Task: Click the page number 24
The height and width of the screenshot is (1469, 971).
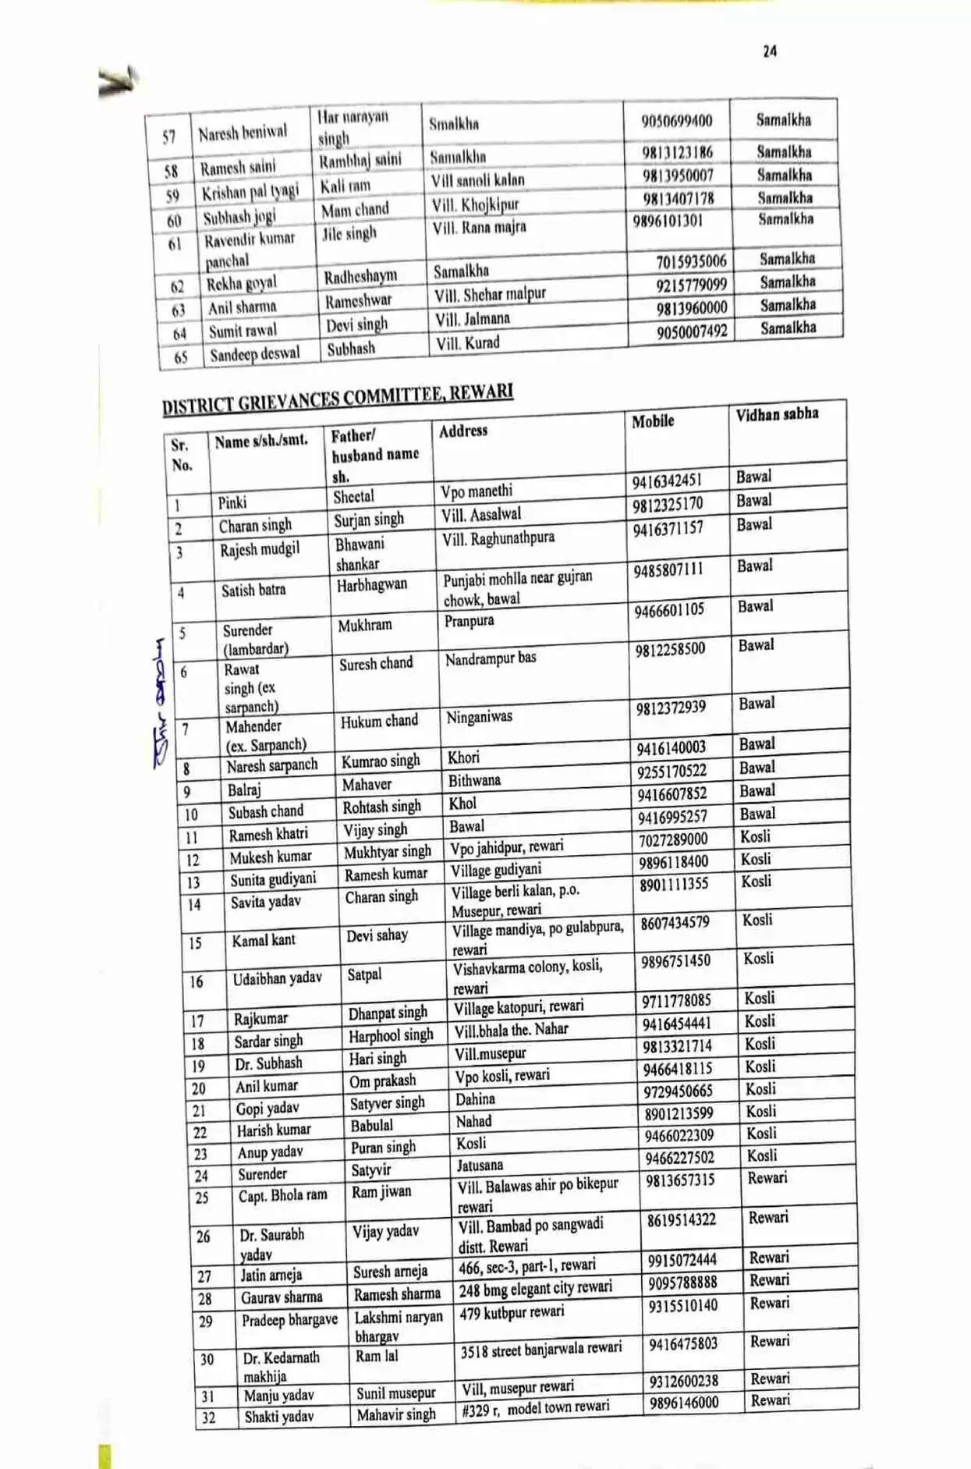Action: pos(770,51)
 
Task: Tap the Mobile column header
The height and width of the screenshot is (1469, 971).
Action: pos(653,421)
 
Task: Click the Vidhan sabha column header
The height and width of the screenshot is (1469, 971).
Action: pos(777,414)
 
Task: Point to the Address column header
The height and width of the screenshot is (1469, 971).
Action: pos(462,431)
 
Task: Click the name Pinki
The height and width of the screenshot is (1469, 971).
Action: pos(232,502)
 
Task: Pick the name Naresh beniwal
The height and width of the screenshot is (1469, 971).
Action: pos(243,133)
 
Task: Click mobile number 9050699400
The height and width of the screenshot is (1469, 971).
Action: pos(676,121)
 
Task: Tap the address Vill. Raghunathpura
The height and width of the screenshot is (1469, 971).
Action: pos(498,538)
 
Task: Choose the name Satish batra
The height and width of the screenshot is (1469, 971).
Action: pos(253,590)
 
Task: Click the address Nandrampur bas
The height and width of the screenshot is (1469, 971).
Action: pos(491,659)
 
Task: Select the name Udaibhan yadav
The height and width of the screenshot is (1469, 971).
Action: pos(277,978)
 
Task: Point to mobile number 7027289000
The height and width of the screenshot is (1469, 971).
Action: pos(673,839)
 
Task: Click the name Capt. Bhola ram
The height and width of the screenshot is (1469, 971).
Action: pos(282,1195)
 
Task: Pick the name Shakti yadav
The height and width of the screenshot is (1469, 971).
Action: pos(278,1417)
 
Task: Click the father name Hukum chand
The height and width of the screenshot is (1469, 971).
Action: pos(379,721)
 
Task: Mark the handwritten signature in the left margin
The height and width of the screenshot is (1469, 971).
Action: pos(160,702)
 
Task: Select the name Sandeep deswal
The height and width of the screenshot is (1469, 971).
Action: pos(254,354)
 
